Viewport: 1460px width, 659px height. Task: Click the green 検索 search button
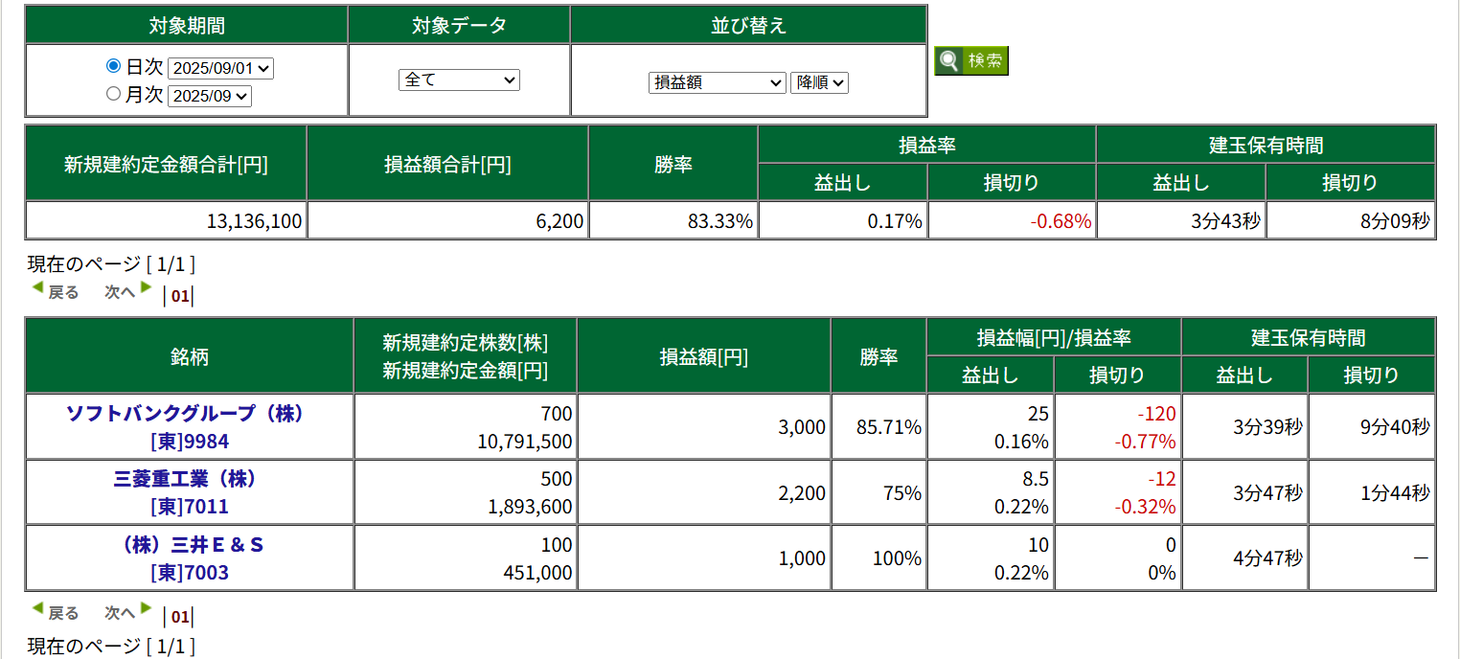point(971,61)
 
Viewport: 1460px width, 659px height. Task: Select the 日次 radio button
point(113,67)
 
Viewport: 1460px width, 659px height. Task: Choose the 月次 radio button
point(113,94)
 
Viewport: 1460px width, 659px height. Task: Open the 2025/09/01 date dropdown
point(220,69)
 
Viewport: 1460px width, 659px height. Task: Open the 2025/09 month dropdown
point(209,96)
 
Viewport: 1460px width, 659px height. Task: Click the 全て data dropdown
point(459,80)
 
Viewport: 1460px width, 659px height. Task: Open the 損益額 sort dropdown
point(717,83)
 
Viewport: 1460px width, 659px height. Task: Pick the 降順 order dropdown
point(819,83)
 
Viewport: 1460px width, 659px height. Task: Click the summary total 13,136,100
point(254,222)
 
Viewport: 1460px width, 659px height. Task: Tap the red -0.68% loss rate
point(1061,222)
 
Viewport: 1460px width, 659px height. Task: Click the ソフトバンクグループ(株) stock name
point(184,414)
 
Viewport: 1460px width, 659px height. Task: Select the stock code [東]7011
point(190,507)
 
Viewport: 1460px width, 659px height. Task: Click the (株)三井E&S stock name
point(189,545)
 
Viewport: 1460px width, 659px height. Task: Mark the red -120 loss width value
point(1156,414)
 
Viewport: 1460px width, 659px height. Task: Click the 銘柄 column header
point(189,357)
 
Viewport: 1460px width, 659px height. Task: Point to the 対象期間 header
point(187,26)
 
